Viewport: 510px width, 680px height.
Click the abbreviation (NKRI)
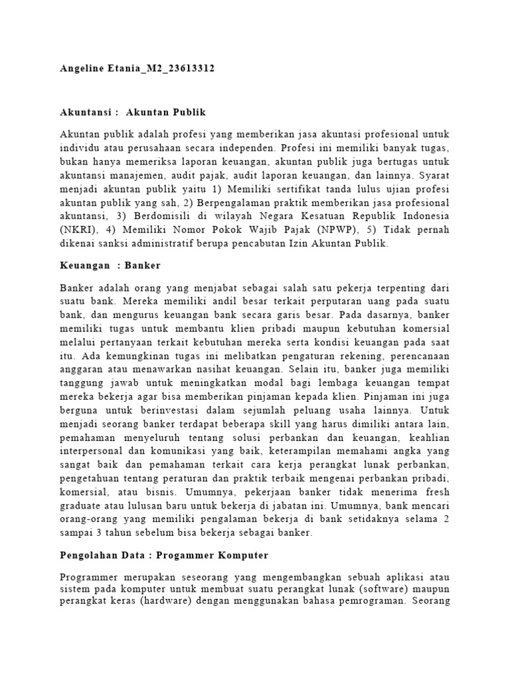pyautogui.click(x=77, y=230)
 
